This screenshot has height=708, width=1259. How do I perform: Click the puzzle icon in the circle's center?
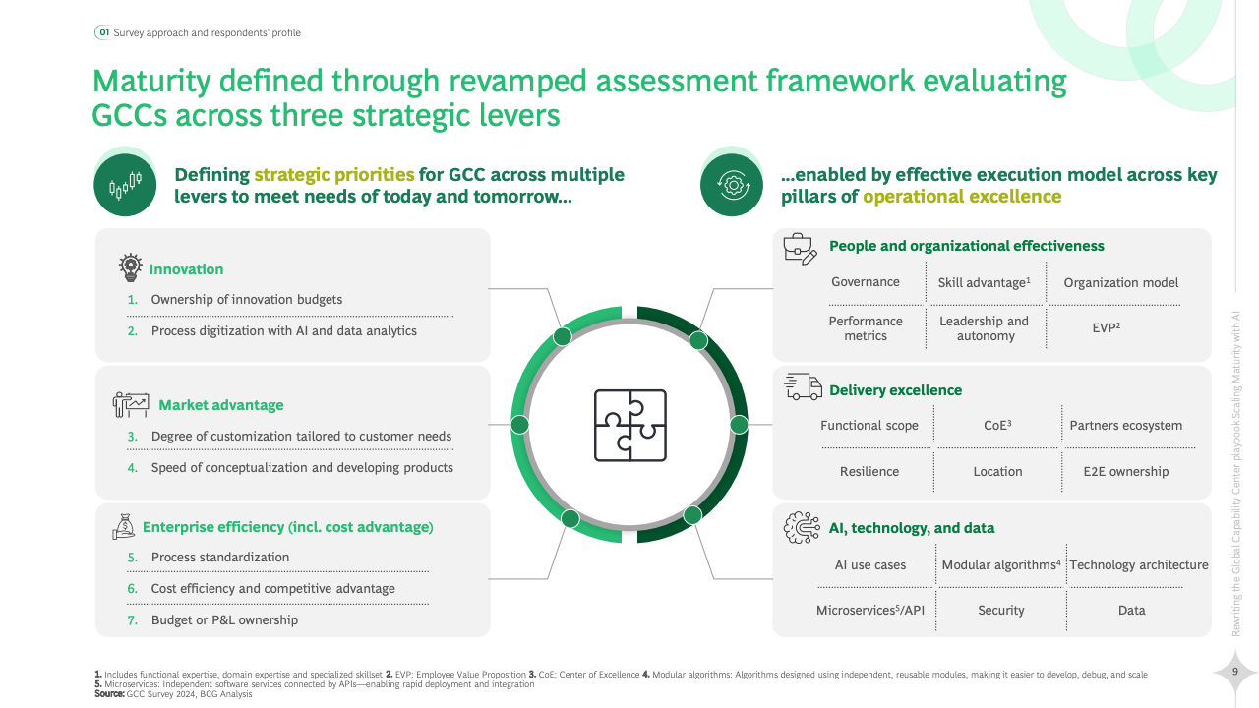pos(630,426)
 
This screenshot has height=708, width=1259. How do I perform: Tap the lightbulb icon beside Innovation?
pos(131,266)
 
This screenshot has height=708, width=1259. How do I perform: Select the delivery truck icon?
pos(804,386)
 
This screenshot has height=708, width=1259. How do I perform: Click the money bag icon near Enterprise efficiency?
pos(124,526)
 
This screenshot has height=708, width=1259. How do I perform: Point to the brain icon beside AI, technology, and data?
pos(802,528)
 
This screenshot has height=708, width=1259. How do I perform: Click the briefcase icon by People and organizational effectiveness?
pos(801,249)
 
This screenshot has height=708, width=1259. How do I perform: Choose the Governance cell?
pos(865,282)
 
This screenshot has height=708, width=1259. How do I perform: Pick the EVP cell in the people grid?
pos(1107,327)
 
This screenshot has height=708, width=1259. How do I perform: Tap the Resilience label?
pos(869,471)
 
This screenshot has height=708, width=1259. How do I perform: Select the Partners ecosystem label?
pos(1126,426)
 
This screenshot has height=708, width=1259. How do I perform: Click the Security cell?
pos(1001,611)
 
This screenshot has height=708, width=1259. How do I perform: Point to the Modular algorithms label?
pos(1001,564)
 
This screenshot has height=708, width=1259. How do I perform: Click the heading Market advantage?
pos(221,405)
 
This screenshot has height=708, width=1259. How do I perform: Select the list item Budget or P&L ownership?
pos(224,619)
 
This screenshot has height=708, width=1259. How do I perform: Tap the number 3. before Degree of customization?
pos(132,437)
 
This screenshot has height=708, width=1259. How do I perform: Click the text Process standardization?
pos(219,557)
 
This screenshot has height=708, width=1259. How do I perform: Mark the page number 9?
pos(1234,671)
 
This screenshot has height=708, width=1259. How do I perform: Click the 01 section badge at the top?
pos(104,32)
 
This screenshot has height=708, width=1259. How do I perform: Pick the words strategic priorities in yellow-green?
pos(334,175)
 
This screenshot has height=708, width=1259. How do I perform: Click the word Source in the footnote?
pos(109,694)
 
